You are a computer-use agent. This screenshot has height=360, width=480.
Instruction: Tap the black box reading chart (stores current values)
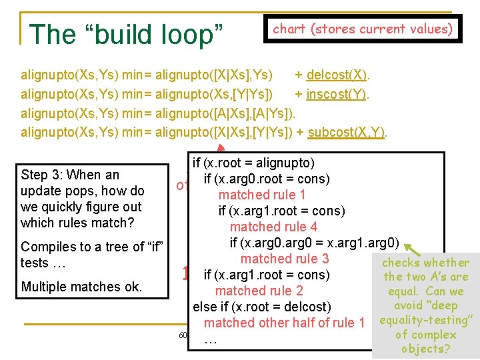click(x=363, y=29)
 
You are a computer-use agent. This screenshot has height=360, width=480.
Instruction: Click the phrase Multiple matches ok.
click(x=81, y=287)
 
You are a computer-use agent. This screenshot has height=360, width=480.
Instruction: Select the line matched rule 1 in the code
click(x=262, y=195)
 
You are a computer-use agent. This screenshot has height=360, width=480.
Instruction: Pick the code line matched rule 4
click(x=273, y=227)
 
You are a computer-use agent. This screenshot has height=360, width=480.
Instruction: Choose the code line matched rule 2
click(x=259, y=291)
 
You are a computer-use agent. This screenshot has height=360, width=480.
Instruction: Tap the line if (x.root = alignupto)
click(x=253, y=163)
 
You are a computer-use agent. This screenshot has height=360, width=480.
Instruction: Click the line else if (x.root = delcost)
click(x=261, y=307)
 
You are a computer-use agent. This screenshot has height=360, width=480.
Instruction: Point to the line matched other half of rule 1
click(x=285, y=323)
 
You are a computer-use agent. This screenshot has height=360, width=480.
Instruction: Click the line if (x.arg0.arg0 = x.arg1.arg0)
click(x=314, y=243)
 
